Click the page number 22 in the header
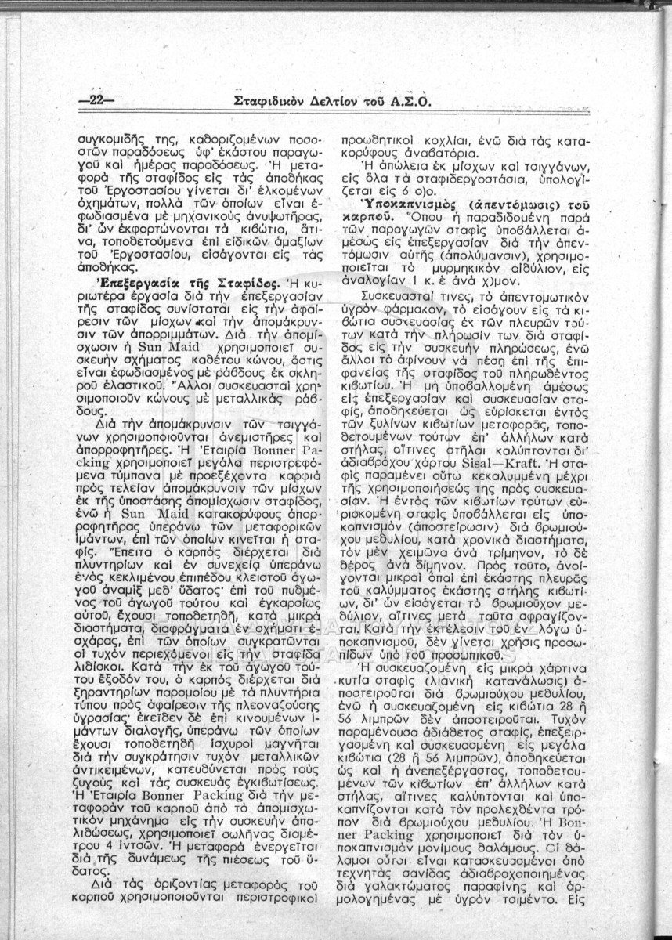point(97,99)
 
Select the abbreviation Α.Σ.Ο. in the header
point(409,100)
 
